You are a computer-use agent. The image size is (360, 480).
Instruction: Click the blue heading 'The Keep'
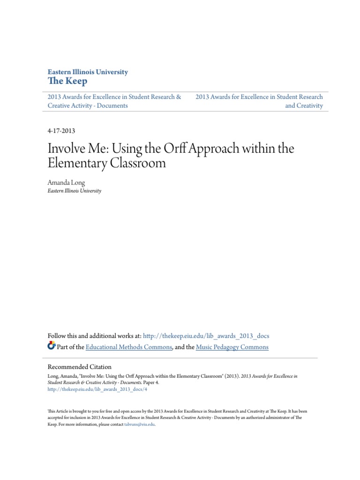67,81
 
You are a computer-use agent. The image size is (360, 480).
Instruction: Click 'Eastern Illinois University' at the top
88,72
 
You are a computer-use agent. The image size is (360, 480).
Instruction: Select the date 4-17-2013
62,131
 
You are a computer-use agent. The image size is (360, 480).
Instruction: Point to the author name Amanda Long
67,183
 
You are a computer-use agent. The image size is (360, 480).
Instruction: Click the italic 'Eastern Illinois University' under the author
75,191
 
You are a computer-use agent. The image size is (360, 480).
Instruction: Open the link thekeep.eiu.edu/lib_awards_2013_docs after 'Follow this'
206,336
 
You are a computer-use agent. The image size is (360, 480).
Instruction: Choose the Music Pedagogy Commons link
232,347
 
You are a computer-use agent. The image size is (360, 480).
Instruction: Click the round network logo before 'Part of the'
52,346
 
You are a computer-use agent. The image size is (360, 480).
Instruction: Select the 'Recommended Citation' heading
80,367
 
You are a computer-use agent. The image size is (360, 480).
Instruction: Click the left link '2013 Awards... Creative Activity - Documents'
114,101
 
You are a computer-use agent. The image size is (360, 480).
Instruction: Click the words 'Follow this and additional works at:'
94,336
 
